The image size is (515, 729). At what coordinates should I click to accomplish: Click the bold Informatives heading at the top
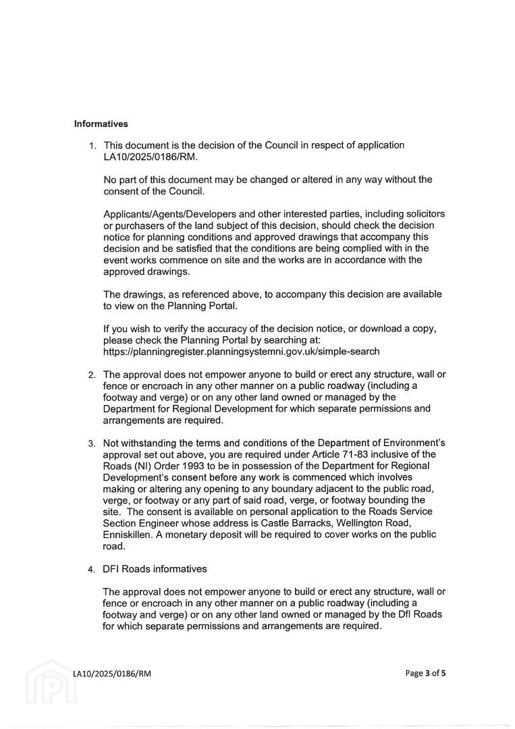coord(101,124)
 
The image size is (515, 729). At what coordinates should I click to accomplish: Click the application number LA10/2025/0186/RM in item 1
coord(150,157)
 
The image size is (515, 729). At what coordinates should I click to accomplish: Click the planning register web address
coord(242,352)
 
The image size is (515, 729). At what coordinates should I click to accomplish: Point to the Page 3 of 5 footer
coord(426,673)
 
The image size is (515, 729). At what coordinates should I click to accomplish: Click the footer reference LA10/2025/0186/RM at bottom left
coord(112,674)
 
